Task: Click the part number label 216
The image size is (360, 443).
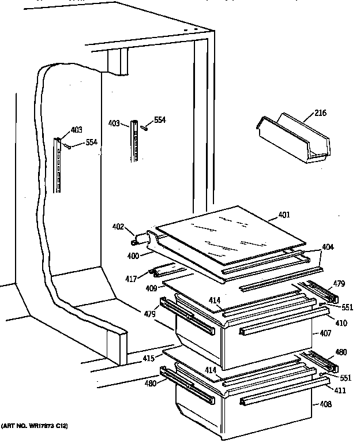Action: pos(320,113)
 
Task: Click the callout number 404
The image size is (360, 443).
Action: pos(327,247)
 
